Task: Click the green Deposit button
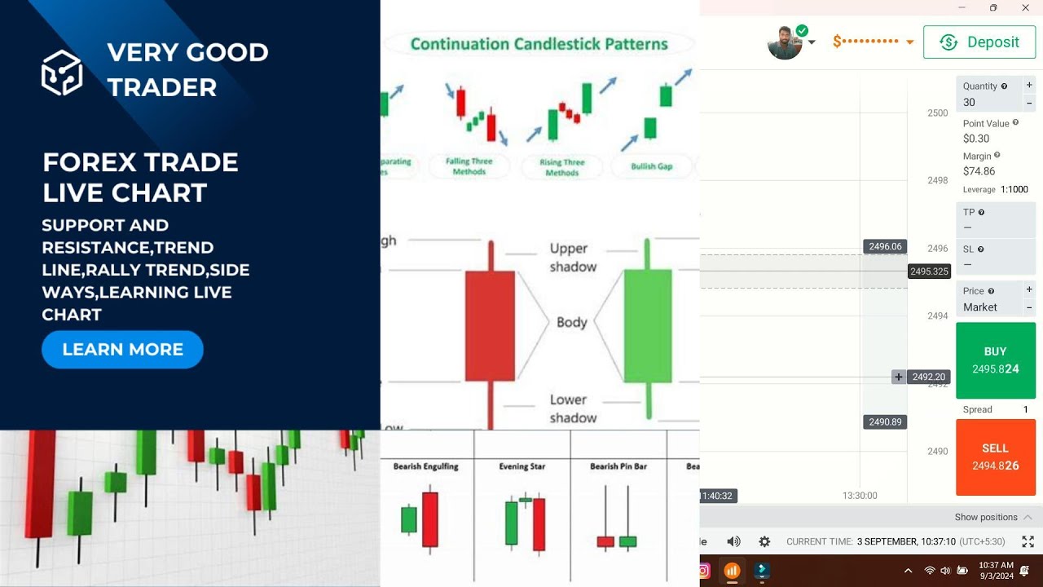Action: (x=979, y=42)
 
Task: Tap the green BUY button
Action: (x=995, y=360)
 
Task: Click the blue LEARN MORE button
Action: (x=122, y=350)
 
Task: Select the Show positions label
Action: (x=985, y=517)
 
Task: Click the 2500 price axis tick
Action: (x=937, y=113)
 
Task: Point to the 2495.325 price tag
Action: (x=929, y=271)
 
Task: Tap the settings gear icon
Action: (x=764, y=541)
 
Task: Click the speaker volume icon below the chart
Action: (x=733, y=541)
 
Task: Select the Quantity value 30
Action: (x=970, y=103)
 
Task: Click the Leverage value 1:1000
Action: (x=1014, y=189)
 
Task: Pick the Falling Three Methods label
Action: (x=469, y=166)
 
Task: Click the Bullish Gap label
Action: (x=651, y=166)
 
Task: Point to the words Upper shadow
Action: (x=573, y=258)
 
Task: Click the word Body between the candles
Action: (x=571, y=322)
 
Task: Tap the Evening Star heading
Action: (x=521, y=466)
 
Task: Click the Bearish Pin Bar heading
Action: (x=618, y=466)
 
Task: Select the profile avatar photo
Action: (x=785, y=42)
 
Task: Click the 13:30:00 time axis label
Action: (x=860, y=496)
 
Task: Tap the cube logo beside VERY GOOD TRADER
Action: (x=62, y=72)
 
